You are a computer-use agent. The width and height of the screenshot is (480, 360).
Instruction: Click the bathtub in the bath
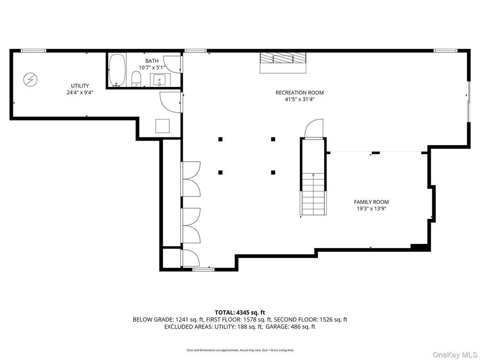click(117, 70)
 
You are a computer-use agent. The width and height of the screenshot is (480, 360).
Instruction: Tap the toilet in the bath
click(137, 79)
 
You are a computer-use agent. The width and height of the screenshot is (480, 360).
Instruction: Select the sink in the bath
click(160, 80)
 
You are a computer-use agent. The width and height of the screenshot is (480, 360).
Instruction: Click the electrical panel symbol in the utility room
click(31, 80)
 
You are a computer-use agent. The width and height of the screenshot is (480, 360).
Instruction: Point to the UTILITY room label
click(80, 86)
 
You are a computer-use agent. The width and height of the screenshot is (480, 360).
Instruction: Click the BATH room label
click(151, 61)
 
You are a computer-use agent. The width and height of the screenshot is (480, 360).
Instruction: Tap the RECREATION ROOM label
click(300, 93)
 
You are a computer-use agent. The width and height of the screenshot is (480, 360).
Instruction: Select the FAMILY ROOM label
click(371, 202)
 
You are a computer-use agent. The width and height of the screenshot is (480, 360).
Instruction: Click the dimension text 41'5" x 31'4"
click(300, 100)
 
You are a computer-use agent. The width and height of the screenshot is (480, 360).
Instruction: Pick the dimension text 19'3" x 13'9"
click(371, 209)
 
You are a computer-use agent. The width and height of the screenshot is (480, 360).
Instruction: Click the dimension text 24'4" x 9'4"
click(80, 93)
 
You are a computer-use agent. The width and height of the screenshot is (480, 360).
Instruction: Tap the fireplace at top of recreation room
click(283, 62)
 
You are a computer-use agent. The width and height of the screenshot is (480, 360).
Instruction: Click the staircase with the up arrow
click(313, 194)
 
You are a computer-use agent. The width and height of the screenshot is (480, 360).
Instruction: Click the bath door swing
click(172, 64)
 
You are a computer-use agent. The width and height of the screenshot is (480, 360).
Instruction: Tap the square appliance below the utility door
click(163, 126)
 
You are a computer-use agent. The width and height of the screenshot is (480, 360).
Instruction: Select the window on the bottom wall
click(203, 269)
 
